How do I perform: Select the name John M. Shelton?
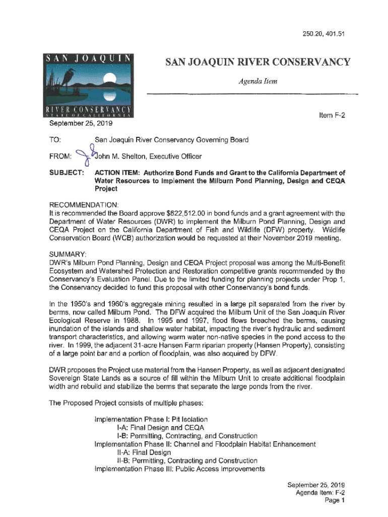119,156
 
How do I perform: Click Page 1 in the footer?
335,501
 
